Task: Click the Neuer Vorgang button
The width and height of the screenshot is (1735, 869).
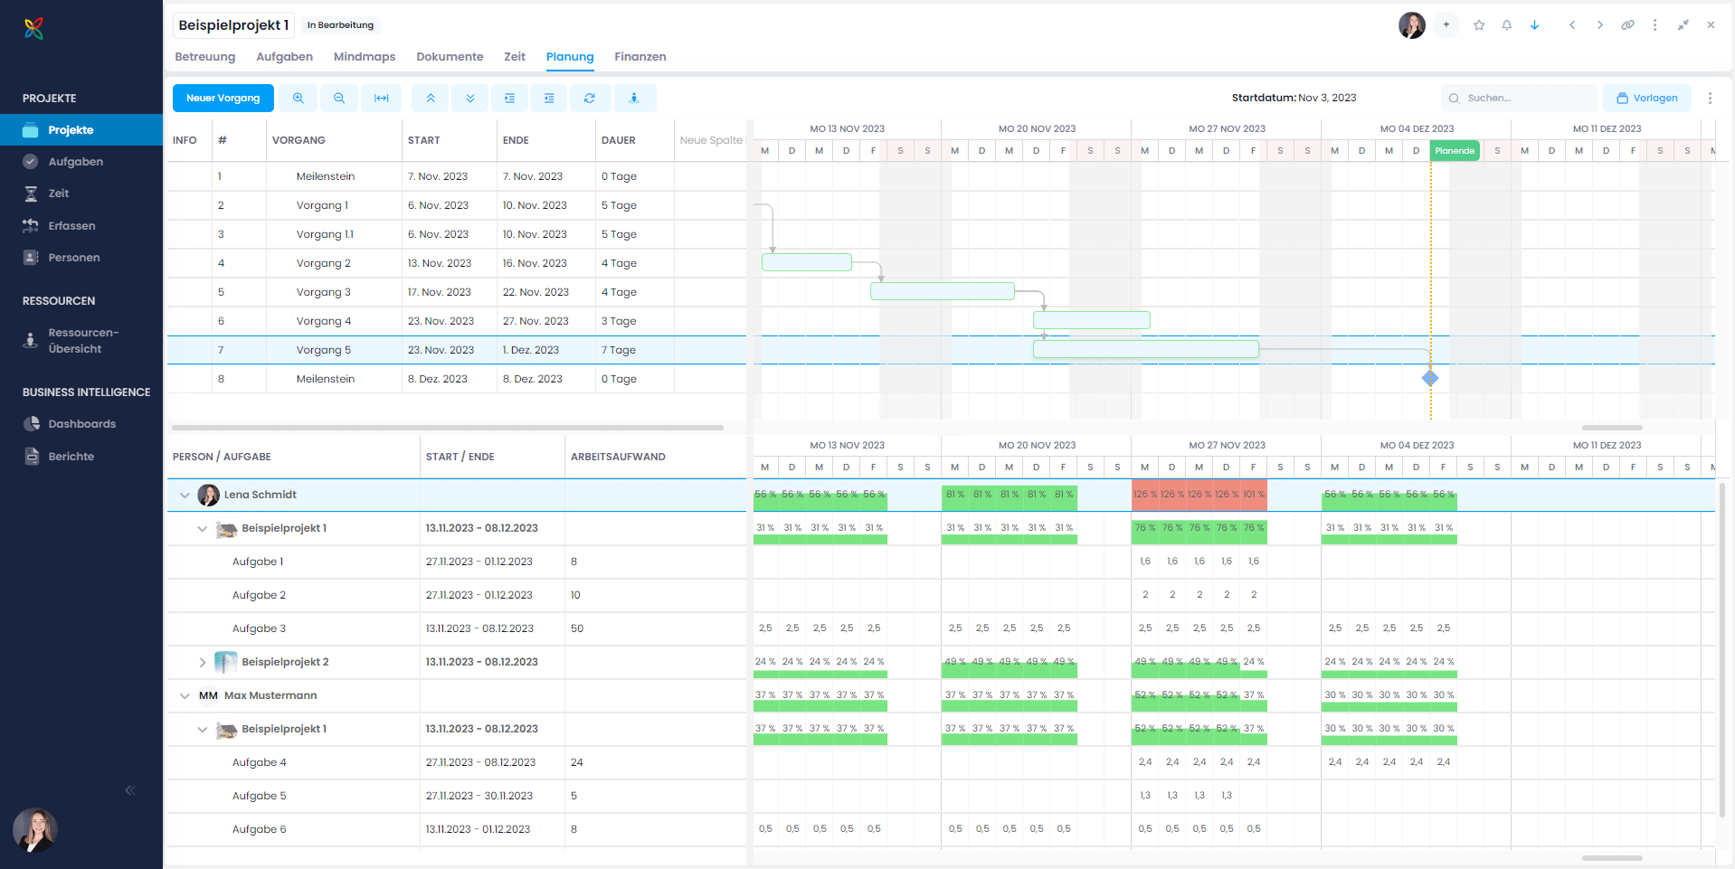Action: tap(223, 98)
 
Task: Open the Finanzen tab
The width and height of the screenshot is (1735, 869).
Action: tap(640, 57)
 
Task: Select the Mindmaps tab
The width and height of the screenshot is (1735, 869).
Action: tap(364, 57)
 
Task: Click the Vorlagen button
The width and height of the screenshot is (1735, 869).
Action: tap(1646, 98)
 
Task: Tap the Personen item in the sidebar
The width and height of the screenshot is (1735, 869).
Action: tap(73, 258)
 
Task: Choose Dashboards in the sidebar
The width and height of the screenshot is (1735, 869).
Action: tap(81, 424)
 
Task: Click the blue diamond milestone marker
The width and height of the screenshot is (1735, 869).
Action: tap(1430, 378)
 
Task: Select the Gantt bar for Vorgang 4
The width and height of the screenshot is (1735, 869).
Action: tap(1091, 320)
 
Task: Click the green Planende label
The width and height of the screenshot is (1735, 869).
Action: tap(1455, 151)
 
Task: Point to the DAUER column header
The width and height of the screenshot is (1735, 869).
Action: tap(619, 140)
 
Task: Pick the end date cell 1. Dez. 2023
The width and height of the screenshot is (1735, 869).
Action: tap(531, 350)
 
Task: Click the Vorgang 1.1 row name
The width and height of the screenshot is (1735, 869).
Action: tap(325, 234)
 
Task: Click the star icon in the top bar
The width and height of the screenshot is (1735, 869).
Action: tap(1479, 25)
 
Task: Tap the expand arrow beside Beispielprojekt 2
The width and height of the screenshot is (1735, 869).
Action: tap(203, 663)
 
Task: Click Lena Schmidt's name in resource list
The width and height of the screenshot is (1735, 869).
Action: tap(260, 495)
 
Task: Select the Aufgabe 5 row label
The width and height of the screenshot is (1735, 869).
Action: tap(259, 796)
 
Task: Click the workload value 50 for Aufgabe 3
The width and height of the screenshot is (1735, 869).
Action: tap(577, 628)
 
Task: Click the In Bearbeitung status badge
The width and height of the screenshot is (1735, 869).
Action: tap(340, 25)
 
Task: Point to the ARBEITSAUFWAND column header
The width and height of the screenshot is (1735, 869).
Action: tap(618, 457)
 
